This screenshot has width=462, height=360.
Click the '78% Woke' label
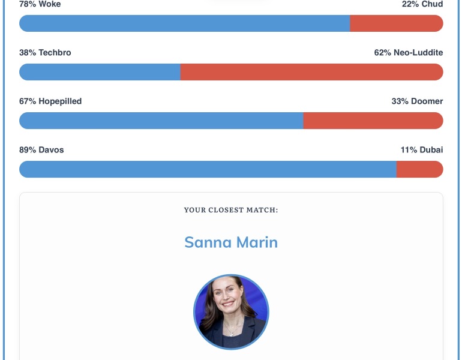pos(40,4)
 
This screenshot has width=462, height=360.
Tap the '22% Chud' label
pos(422,4)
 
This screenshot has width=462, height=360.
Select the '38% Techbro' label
pos(45,52)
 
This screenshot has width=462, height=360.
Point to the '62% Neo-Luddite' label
pos(409,52)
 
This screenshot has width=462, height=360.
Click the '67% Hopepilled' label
pos(50,101)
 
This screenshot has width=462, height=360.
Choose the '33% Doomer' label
pos(417,101)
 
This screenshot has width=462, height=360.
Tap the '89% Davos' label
pos(41,149)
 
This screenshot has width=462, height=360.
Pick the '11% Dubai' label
pos(422,149)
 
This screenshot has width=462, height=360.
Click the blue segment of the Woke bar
pos(184,23)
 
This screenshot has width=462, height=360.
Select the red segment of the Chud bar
pos(397,23)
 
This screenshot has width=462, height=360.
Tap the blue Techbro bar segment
pos(100,72)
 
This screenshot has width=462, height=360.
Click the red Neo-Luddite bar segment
pos(312,72)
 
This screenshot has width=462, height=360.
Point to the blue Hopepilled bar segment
pos(161,121)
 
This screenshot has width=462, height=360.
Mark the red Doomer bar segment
pos(373,121)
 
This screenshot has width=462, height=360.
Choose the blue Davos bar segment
pos(208,169)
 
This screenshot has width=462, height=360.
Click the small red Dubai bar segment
pos(420,169)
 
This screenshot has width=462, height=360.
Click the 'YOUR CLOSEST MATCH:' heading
pos(231,210)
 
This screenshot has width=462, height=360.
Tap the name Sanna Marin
pos(231,242)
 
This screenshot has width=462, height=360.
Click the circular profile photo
pos(231,312)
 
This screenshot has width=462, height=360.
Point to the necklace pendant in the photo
pos(232,334)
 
